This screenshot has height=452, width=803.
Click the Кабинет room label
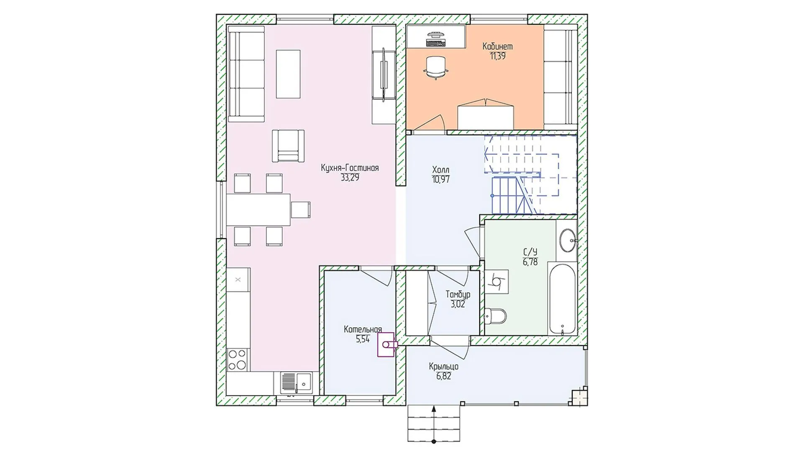[x=497, y=46]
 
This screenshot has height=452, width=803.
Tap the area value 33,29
[x=350, y=177]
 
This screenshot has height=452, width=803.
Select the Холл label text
[x=441, y=170]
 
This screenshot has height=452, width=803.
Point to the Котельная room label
[x=363, y=329]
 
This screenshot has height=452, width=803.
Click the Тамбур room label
[x=458, y=294]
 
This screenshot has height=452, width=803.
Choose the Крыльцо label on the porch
[x=443, y=367]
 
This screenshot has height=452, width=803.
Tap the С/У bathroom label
[x=530, y=252]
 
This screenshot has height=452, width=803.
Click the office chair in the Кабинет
[x=436, y=67]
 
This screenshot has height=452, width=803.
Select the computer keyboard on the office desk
[x=436, y=42]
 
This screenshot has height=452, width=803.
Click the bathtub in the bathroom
[x=563, y=299]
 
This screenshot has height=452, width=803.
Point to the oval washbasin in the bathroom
[x=568, y=240]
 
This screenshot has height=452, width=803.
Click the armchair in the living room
[x=288, y=146]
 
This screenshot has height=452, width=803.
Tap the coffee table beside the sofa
[x=288, y=74]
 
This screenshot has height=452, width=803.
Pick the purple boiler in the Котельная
[x=387, y=345]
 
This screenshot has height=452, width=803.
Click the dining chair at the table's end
[x=301, y=210]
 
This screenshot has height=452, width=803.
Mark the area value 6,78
[x=530, y=262]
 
